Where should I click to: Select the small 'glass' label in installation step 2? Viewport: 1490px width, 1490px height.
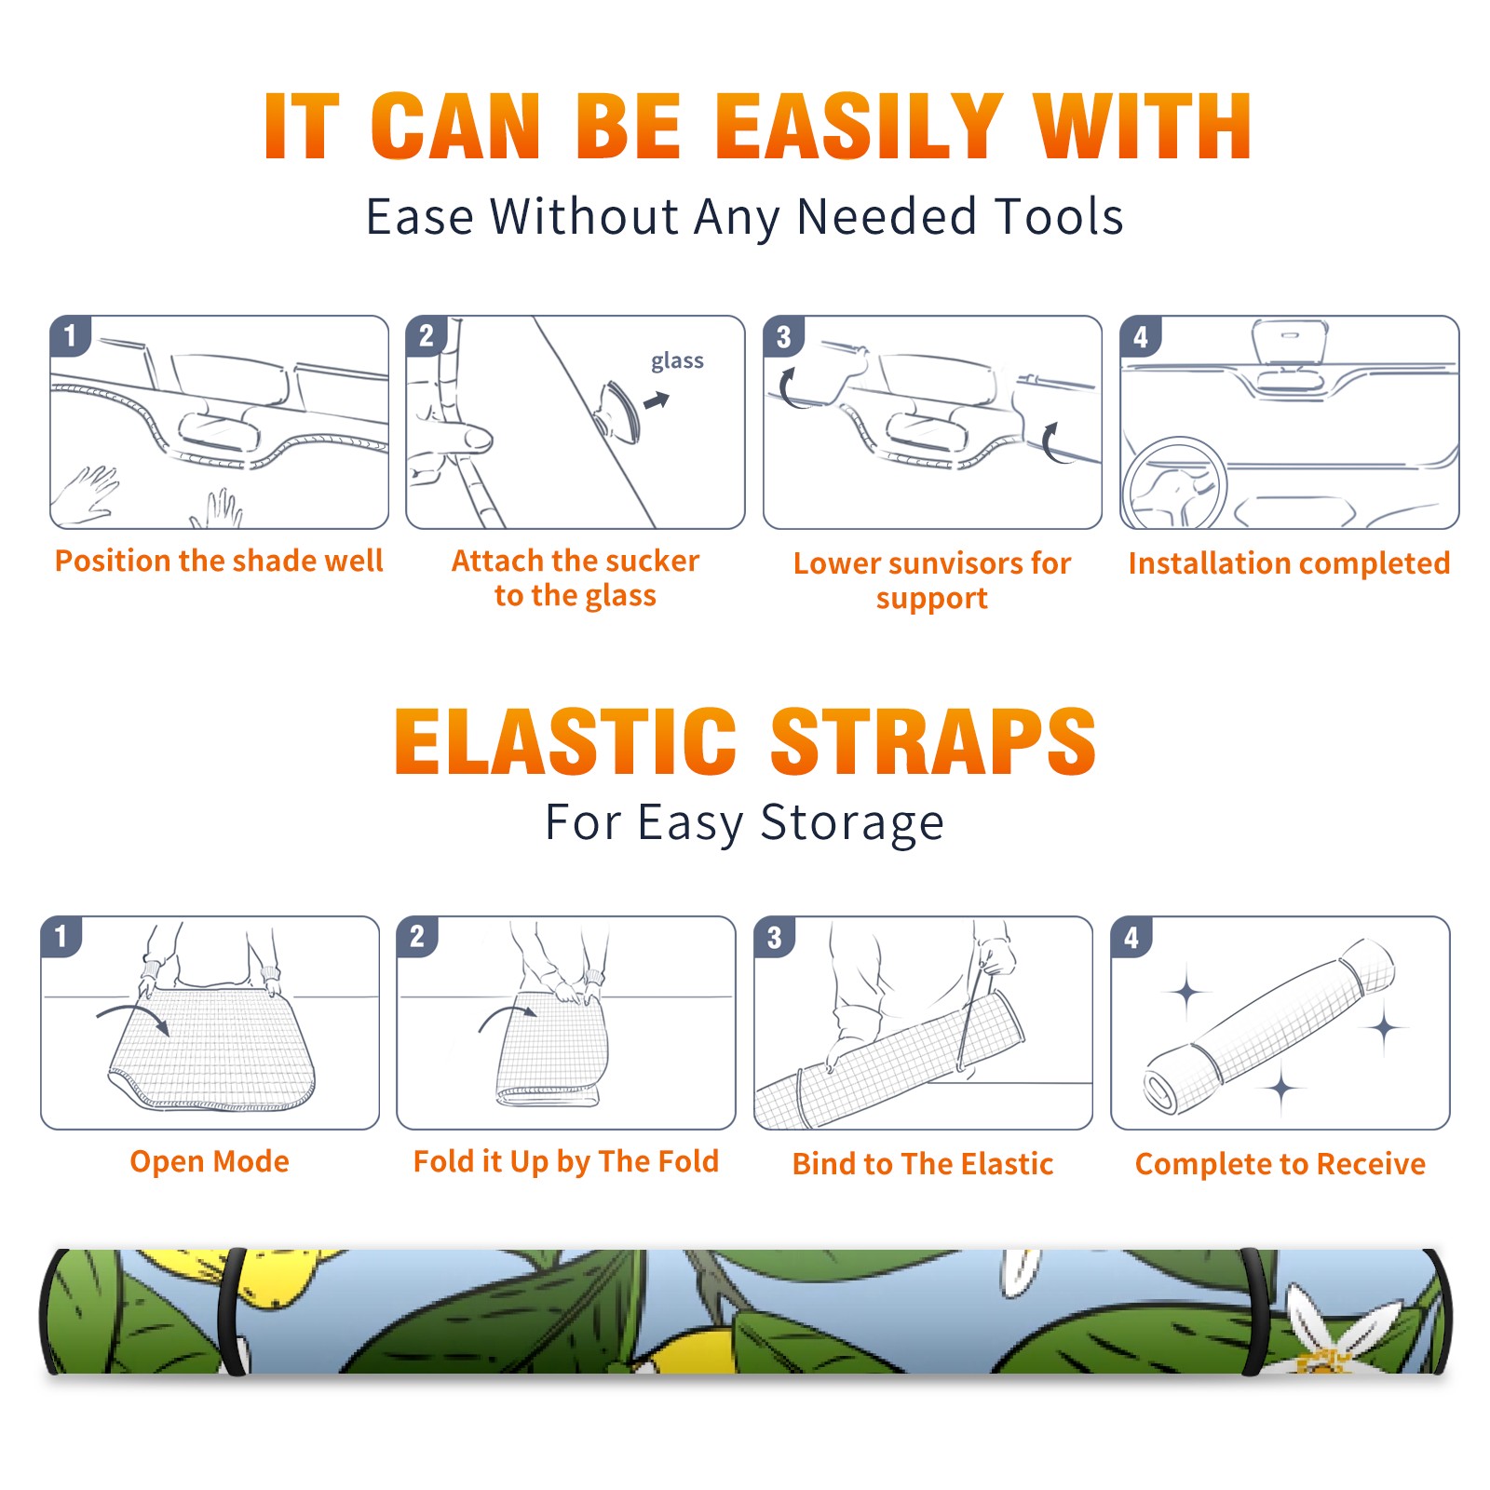coord(677,360)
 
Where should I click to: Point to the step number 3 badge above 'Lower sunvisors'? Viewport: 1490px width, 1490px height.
coord(783,336)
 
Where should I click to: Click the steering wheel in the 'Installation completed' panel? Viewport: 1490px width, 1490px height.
coord(1174,484)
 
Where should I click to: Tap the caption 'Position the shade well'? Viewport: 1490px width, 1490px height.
coord(219,561)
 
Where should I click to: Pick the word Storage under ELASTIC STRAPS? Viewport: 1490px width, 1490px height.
coord(852,823)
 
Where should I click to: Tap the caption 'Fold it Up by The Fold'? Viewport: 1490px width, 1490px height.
coord(566,1161)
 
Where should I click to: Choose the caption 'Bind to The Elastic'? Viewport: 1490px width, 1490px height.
coord(923,1163)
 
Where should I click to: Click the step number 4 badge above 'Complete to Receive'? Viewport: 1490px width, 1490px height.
coord(1131,937)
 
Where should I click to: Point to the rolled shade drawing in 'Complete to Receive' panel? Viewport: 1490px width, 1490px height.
coord(1269,1025)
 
